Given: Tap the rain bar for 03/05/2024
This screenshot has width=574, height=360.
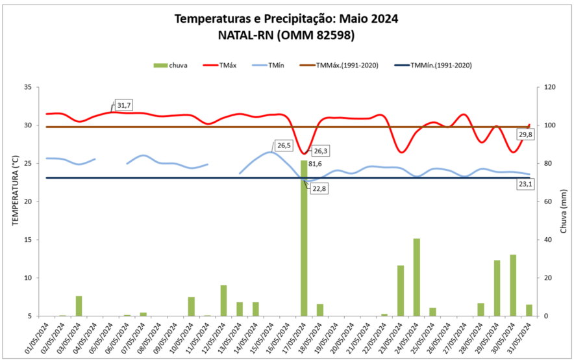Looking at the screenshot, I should pyautogui.click(x=79, y=306).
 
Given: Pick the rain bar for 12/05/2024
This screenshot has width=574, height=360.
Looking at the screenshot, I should pyautogui.click(x=223, y=301).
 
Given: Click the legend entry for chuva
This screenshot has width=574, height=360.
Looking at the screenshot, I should pyautogui.click(x=171, y=66).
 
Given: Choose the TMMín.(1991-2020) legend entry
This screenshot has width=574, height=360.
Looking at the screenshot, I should pyautogui.click(x=432, y=66).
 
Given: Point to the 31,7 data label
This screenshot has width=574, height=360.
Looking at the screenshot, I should pyautogui.click(x=124, y=105).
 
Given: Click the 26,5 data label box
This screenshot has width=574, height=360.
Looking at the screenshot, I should pyautogui.click(x=284, y=146).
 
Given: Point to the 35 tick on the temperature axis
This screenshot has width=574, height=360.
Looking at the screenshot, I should pyautogui.click(x=27, y=87).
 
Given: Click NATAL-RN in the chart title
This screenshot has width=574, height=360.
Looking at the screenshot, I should pyautogui.click(x=245, y=35).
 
